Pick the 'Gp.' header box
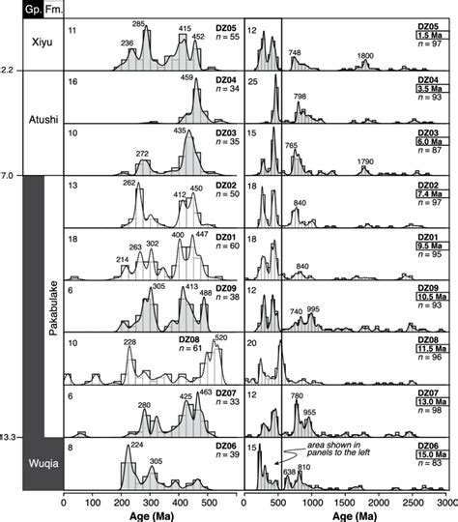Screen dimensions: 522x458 point(12,7)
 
